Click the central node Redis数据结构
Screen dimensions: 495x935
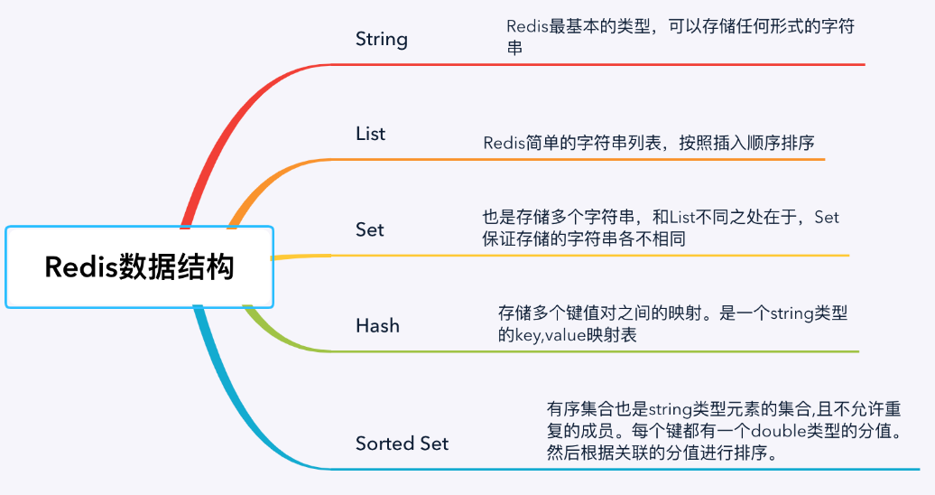coord(139,267)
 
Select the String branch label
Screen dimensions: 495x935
coord(381,39)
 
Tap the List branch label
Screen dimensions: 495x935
coord(370,134)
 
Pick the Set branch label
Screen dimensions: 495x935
coord(370,229)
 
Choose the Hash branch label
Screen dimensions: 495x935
coord(377,325)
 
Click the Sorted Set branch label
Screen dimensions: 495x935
coord(402,444)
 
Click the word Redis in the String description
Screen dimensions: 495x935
coord(526,26)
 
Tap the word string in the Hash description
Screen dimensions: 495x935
coord(792,313)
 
